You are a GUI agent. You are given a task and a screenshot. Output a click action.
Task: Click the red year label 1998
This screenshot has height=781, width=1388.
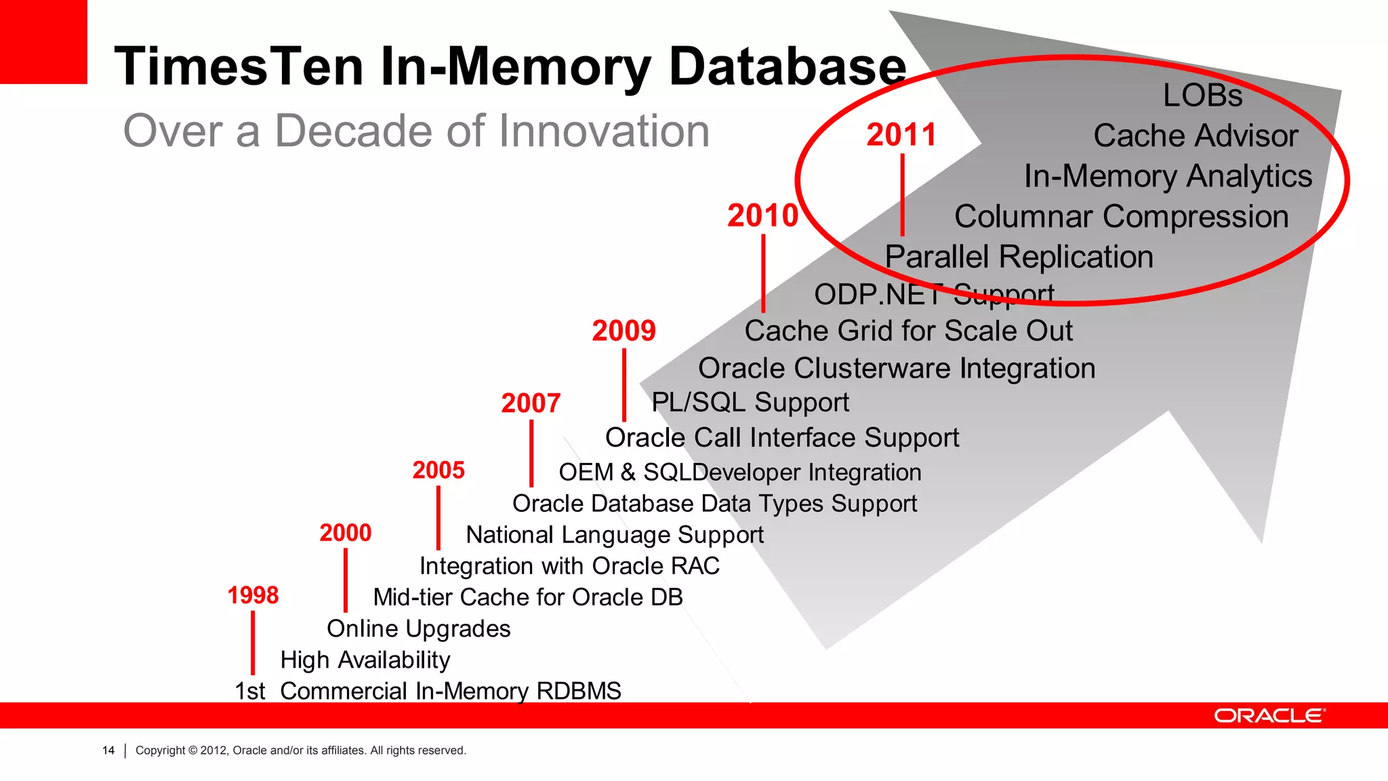pos(253,595)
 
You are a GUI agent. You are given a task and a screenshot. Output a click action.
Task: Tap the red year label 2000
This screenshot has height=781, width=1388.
pos(346,533)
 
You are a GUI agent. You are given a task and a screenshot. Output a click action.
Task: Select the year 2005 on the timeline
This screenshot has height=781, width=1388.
pos(438,470)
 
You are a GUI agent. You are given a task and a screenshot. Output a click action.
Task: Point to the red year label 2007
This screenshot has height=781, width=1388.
pos(531,403)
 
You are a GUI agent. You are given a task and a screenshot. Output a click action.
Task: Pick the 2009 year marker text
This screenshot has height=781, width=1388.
pos(624,331)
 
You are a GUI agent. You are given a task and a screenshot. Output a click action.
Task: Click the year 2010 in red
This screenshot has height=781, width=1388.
pos(763,216)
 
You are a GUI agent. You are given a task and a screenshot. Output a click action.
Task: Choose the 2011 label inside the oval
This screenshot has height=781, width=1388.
pos(901,135)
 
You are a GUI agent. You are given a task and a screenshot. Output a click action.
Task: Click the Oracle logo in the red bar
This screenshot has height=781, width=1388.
pos(1269,716)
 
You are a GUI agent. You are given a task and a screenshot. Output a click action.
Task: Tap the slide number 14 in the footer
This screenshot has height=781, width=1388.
pos(108,750)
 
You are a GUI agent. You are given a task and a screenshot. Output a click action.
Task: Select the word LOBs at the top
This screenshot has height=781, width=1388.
pos(1203,96)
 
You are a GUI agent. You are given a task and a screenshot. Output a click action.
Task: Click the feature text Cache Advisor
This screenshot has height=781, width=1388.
pos(1196,136)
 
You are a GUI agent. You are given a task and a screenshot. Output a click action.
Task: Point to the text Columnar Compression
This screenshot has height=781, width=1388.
pos(1121,217)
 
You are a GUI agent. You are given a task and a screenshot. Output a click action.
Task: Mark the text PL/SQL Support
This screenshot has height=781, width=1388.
pos(750,403)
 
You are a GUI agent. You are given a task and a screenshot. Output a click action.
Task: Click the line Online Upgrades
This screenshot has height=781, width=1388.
pos(418,629)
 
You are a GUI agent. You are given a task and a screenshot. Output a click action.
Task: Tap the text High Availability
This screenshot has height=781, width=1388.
pos(365,660)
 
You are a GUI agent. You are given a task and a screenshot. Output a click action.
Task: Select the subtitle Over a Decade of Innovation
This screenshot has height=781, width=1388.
pos(416,131)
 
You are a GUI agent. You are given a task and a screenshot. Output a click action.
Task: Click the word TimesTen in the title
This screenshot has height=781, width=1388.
pos(239,66)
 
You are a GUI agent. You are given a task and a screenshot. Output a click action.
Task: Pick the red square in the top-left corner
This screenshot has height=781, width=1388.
pos(43,41)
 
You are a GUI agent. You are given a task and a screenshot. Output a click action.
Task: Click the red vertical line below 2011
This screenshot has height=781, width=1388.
pos(902,195)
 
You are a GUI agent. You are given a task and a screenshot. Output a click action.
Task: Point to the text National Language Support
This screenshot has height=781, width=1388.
pos(615,535)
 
